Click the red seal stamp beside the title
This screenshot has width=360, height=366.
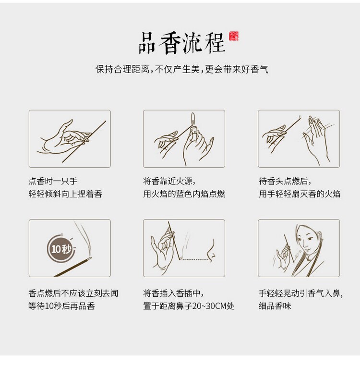(x=234, y=36)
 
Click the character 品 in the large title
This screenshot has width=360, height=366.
(x=147, y=43)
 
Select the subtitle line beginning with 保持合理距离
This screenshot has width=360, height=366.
(x=182, y=69)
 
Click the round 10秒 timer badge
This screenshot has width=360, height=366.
(x=61, y=249)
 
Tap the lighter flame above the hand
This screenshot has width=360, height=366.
(x=193, y=119)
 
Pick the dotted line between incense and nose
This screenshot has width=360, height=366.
(x=195, y=259)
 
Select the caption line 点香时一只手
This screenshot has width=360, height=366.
(x=53, y=181)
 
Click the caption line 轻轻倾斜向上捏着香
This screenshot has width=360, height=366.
(x=65, y=194)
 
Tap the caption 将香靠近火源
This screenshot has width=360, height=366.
(x=169, y=181)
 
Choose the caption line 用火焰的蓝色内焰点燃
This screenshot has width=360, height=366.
(x=184, y=194)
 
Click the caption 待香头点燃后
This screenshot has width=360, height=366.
(x=285, y=181)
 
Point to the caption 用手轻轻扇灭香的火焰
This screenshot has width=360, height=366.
(x=300, y=194)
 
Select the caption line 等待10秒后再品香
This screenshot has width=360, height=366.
(x=61, y=306)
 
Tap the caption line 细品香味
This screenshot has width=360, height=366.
(x=275, y=306)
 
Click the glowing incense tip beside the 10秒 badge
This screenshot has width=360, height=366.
(x=89, y=258)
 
